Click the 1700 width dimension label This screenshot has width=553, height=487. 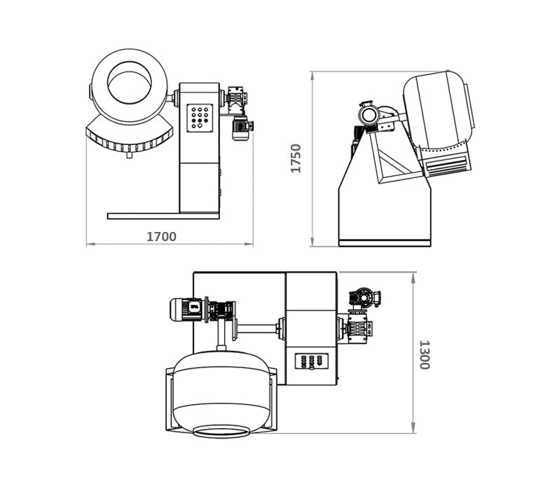(x=161, y=236)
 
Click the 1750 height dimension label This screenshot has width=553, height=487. (x=296, y=158)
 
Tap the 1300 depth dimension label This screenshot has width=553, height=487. (x=424, y=355)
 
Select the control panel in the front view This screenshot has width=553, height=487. (x=200, y=118)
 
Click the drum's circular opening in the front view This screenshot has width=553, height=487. (x=130, y=83)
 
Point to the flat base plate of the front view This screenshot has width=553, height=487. (x=163, y=216)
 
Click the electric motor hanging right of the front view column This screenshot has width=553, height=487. (x=242, y=128)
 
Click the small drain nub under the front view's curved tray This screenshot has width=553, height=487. (x=130, y=154)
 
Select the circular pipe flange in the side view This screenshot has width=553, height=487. (x=369, y=114)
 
